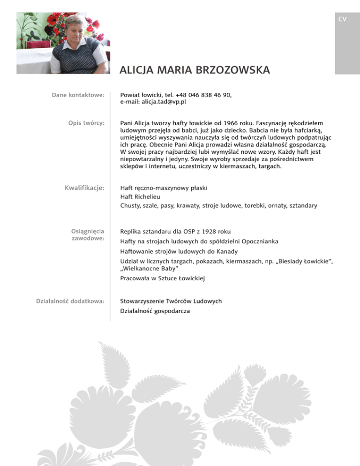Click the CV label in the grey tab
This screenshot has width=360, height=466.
[x=342, y=19]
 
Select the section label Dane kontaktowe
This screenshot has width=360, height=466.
[x=77, y=95]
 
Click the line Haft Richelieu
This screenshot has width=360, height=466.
[x=139, y=196]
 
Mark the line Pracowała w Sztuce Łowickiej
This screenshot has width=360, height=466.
[x=163, y=278]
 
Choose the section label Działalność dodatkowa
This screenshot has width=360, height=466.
[x=70, y=301]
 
